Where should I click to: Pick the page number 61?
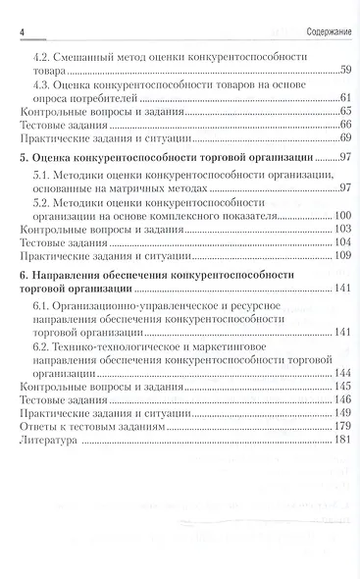[345, 99]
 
